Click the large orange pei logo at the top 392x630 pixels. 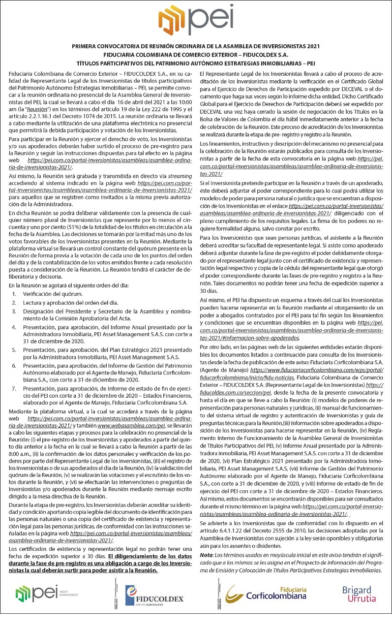click(x=195, y=21)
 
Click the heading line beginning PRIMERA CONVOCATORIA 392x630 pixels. click(x=196, y=46)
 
